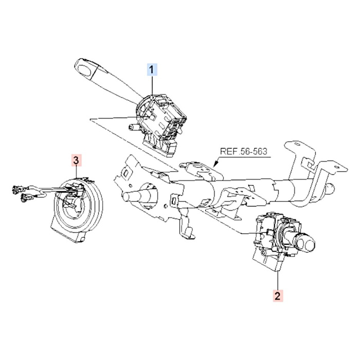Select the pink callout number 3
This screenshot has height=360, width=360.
coord(76,160)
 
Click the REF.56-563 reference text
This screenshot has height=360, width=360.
coord(245,152)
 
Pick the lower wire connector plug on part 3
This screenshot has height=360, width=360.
coord(26,197)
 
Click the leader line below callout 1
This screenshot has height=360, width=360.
coord(152,85)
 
